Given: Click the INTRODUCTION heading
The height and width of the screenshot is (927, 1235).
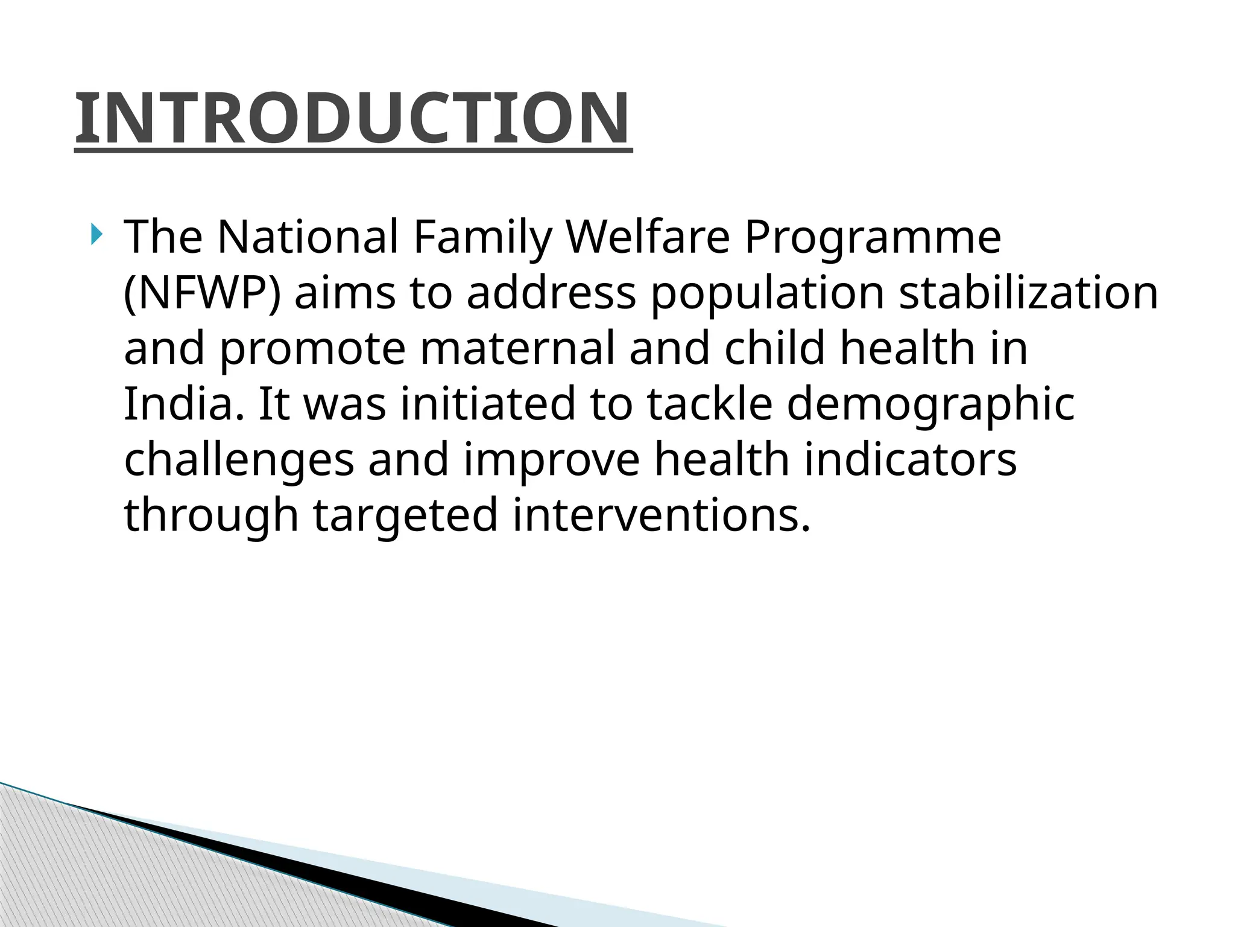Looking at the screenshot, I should tap(353, 119).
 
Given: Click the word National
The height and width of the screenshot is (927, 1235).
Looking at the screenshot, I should tap(308, 237).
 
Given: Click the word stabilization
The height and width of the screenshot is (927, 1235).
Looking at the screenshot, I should tap(1028, 293).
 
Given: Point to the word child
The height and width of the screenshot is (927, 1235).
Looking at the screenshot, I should tap(774, 348).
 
